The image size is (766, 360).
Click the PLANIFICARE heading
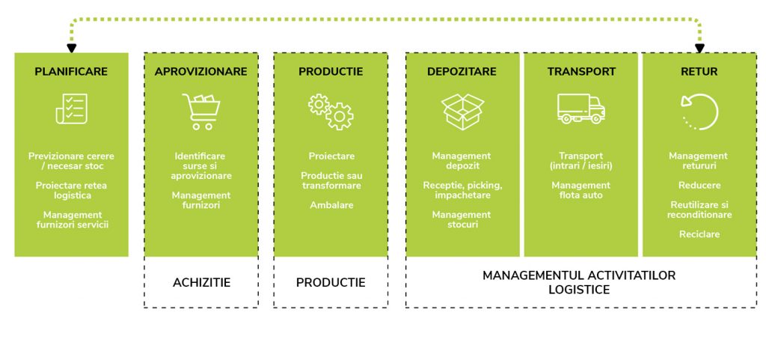point(71,72)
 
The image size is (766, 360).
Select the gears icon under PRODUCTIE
point(331,112)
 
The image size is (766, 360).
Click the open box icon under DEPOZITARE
point(462,112)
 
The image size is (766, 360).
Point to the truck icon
point(580,109)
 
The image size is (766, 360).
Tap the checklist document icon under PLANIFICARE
point(71,109)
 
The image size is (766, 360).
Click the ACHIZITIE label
point(201,283)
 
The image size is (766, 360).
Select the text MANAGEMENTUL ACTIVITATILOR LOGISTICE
point(579,282)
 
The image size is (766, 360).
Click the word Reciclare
point(699,234)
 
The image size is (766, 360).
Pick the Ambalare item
point(331,204)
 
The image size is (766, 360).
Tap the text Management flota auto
point(580,190)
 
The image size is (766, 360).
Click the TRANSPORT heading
point(580,72)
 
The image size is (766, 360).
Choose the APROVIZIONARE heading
point(200,72)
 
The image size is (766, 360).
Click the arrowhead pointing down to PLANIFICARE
point(71,48)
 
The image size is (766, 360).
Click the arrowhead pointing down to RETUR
point(700,48)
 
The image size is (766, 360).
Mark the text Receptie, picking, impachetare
point(462,190)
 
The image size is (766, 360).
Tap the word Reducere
point(699,185)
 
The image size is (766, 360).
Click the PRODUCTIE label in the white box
point(331,283)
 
